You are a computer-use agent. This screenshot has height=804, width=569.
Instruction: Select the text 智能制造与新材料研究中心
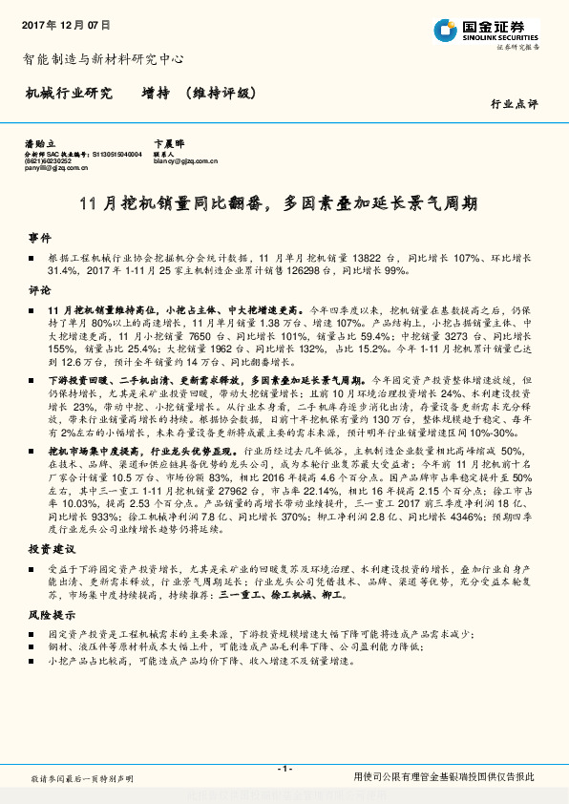(x=102, y=58)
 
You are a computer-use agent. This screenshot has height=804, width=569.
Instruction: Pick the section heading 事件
(x=38, y=236)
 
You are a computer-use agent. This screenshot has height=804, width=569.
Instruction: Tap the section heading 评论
(x=38, y=288)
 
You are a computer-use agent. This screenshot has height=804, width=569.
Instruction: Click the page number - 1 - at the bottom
(x=284, y=769)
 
